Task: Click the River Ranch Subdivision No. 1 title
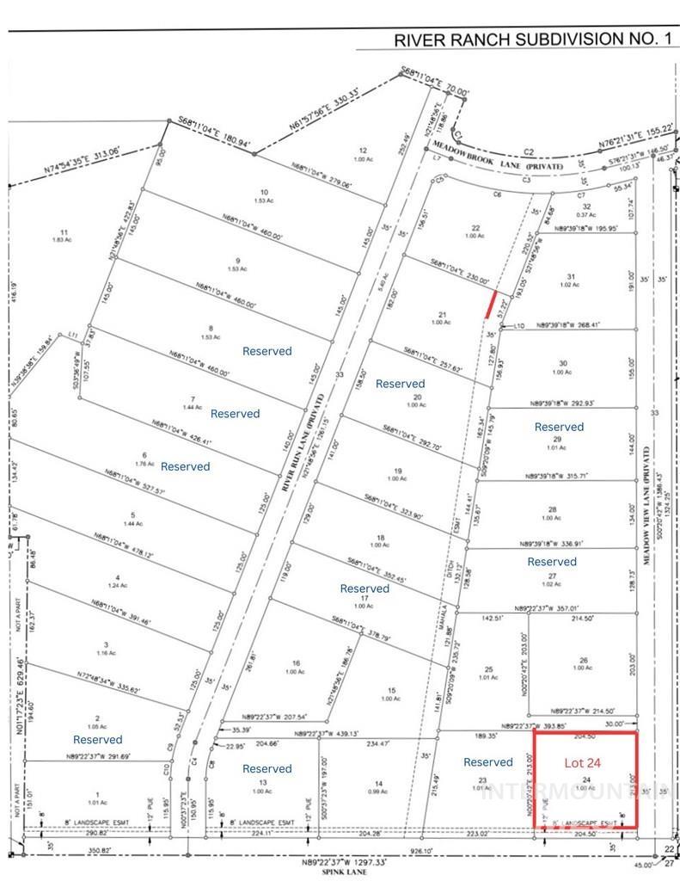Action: [x=530, y=40]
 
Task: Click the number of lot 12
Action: [x=364, y=151]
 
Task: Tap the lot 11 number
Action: [x=64, y=231]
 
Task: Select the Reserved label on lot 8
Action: [x=266, y=351]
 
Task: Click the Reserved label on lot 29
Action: [x=559, y=427]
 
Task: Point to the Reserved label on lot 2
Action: [x=98, y=739]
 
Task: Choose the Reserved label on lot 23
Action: [x=487, y=761]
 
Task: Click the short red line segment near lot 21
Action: [x=492, y=305]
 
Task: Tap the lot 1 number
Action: [x=98, y=795]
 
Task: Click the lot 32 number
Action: [x=587, y=206]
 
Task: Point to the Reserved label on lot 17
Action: [x=365, y=588]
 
